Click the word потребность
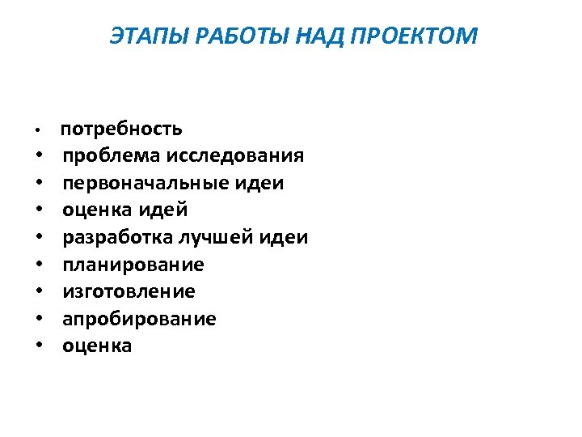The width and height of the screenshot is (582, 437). click(x=121, y=129)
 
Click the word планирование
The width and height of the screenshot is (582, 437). click(x=133, y=265)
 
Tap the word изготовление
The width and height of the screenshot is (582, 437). click(x=129, y=291)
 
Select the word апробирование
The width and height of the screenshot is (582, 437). click(x=139, y=319)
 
